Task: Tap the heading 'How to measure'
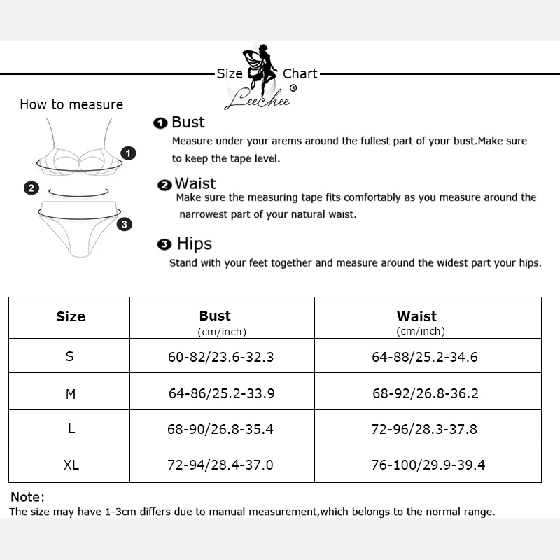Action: click(x=71, y=105)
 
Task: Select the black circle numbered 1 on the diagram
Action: click(x=128, y=153)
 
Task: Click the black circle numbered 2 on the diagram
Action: click(x=31, y=188)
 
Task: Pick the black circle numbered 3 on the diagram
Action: click(x=124, y=224)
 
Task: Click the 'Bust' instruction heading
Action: click(x=188, y=122)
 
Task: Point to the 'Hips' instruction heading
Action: click(x=194, y=244)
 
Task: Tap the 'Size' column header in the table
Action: click(x=70, y=317)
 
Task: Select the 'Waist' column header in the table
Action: click(x=416, y=316)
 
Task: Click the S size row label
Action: click(x=69, y=356)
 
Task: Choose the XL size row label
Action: click(x=71, y=465)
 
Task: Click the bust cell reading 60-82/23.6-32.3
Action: click(x=220, y=357)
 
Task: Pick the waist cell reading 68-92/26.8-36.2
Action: click(x=425, y=393)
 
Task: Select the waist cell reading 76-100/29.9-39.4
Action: click(x=428, y=465)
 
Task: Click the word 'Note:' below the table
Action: click(x=27, y=497)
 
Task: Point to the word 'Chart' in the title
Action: click(x=300, y=73)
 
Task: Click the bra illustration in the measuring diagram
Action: click(x=79, y=150)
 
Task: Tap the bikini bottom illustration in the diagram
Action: click(x=77, y=224)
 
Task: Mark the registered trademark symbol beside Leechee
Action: click(x=293, y=88)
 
